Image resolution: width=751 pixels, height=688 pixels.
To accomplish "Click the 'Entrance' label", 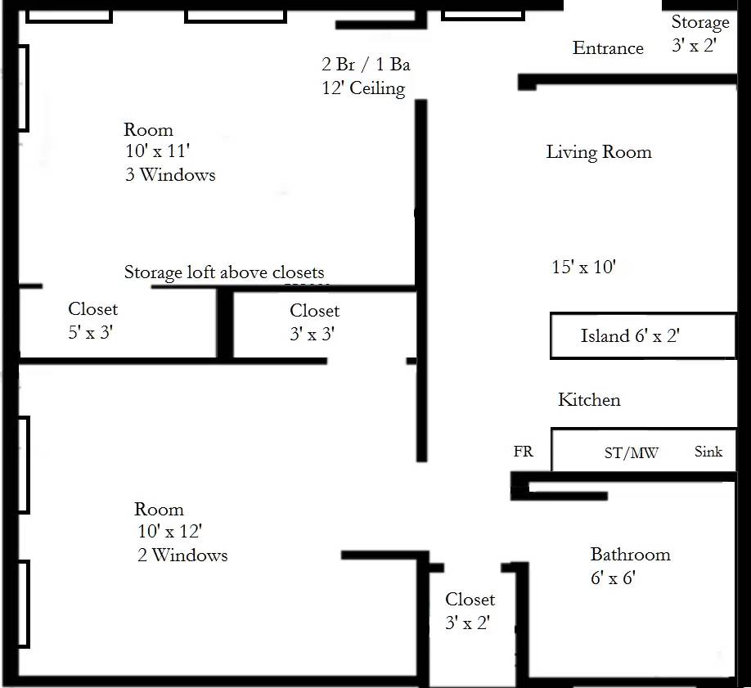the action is pos(608,48).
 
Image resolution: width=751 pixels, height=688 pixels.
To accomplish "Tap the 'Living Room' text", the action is pos(599,152).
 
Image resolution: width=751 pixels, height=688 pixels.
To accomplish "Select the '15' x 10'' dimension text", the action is pos(584,267).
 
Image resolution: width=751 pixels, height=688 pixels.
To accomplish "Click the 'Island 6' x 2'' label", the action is pos(630,335).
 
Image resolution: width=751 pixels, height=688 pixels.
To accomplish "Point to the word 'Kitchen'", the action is pos(589,399).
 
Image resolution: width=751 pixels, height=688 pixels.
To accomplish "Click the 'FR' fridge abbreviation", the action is pos(523,452).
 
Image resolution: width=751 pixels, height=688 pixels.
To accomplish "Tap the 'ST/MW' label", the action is pos(632,452).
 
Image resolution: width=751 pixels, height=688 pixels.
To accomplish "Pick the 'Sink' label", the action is pos(708,452).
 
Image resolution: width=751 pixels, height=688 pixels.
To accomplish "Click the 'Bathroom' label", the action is pos(630,555).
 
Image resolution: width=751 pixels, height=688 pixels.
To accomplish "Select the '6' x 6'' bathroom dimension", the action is pos(613,578).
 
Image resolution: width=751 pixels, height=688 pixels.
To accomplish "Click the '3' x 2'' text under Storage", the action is pos(694,45).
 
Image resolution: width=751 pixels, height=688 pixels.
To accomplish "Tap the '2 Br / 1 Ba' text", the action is pos(366,64).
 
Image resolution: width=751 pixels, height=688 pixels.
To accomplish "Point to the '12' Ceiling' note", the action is pos(363,88).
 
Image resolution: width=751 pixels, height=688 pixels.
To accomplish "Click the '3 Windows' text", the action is pos(170,174).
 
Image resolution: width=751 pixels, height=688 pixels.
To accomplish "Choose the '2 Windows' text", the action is pos(182,555).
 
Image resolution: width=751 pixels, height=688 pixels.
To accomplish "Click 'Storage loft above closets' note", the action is pos(224,272).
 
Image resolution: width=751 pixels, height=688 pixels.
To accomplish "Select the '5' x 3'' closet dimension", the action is pos(91,332).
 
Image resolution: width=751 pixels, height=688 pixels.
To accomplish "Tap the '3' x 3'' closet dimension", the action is pos(313,334).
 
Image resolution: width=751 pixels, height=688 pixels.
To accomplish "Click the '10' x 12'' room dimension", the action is pos(170,531).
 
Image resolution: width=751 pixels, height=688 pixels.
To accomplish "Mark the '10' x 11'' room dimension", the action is pos(158,151).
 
